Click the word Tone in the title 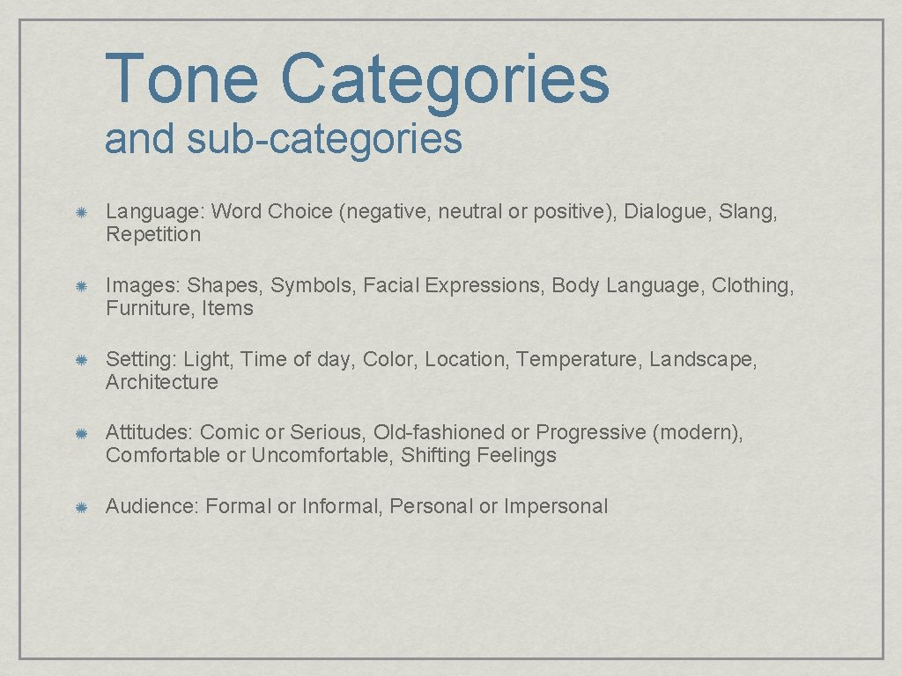[x=181, y=78]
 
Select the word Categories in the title [x=445, y=78]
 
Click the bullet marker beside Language [x=79, y=212]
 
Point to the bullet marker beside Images [x=79, y=286]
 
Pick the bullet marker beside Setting [x=79, y=360]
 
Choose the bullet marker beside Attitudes [x=79, y=433]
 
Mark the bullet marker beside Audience [x=79, y=507]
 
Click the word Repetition [x=153, y=235]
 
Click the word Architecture [x=161, y=383]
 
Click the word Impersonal [x=556, y=507]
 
